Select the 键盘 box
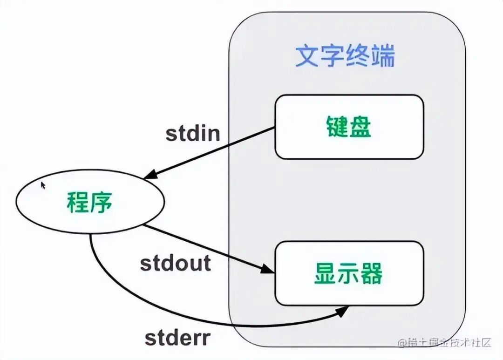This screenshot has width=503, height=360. coord(349,127)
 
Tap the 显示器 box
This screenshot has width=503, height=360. coord(349,273)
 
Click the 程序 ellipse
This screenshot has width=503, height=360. coord(90,202)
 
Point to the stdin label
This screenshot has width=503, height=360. coord(192,134)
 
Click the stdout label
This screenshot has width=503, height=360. coord(175,263)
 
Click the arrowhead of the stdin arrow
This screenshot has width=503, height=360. coord(150,175)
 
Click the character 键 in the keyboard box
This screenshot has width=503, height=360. coord(336,127)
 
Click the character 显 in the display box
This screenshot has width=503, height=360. coord(325,274)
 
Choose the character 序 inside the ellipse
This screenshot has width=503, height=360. coord(102,202)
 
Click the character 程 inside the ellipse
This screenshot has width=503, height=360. coord(78,202)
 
